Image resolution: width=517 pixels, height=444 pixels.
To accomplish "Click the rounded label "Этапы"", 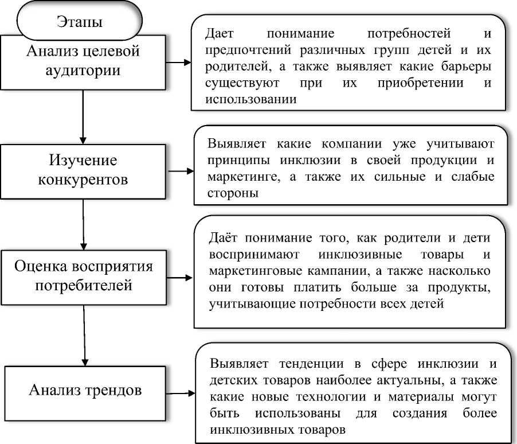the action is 80,20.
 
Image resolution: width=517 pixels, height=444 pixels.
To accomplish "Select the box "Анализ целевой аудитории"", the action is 83,62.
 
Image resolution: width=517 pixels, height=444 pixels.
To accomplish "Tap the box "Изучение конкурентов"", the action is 83,172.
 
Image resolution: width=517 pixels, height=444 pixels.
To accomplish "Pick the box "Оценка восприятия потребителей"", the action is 84,277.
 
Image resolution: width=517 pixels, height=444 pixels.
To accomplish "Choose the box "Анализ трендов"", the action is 85,393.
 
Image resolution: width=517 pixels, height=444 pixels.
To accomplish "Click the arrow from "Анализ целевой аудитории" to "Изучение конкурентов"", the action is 83,117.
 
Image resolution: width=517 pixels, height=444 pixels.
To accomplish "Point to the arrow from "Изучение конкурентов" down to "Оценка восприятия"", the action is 84,224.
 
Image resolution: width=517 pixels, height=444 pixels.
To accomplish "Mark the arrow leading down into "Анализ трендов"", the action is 84,336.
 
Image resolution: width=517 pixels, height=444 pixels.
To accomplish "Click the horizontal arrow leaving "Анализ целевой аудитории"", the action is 178,62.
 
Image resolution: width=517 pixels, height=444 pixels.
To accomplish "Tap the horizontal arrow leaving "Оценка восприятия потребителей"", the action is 180,278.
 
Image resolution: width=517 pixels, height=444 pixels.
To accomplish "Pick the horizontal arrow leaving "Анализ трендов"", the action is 181,393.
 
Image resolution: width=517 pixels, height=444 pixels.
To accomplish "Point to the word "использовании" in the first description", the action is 251,99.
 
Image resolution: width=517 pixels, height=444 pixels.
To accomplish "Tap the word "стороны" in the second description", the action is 233,193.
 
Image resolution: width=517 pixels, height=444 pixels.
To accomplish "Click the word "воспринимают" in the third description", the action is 254,255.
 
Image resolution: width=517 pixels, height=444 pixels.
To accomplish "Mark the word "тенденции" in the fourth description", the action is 311,364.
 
